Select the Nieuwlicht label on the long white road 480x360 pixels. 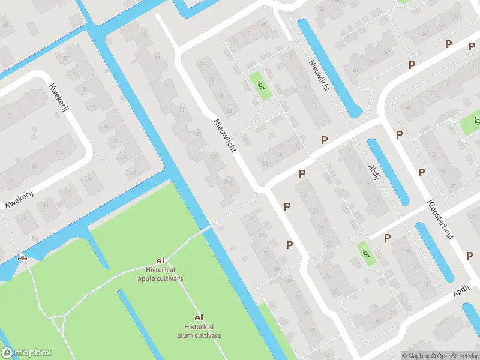point(225,134)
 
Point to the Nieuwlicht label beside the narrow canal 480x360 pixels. point(319,75)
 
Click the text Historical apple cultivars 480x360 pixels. point(160,275)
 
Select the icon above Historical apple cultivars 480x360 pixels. point(160,261)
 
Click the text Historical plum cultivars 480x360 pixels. point(199,331)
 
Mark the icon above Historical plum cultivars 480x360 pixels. point(199,317)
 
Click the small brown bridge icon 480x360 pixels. point(23,259)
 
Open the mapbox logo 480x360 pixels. point(26,353)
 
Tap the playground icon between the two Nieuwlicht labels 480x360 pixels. point(262,87)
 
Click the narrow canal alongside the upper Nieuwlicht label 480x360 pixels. point(329,66)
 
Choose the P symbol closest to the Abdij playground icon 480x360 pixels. point(387,238)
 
